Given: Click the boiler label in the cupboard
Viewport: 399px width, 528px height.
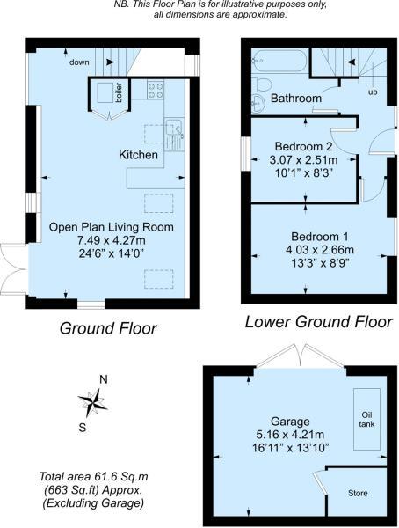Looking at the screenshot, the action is (119, 92).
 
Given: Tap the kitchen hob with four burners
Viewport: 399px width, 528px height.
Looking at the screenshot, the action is (156, 90).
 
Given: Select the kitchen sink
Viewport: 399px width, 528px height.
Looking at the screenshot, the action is (174, 134).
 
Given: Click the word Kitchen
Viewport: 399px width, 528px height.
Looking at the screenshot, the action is (138, 155).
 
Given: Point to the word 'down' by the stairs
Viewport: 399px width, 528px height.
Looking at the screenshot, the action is (79, 62).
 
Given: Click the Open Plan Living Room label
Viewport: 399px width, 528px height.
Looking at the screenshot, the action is (112, 227).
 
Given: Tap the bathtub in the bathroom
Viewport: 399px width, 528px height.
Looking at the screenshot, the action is (279, 61).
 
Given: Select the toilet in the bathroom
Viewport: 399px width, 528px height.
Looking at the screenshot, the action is (260, 84).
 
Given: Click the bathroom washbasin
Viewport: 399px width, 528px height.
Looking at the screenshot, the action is (258, 103).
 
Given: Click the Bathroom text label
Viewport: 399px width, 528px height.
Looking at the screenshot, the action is (296, 99).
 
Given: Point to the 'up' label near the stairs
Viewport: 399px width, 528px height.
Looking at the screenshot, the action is (373, 92).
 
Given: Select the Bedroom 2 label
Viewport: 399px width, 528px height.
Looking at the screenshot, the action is (303, 146).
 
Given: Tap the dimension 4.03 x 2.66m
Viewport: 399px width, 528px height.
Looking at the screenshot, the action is (319, 250).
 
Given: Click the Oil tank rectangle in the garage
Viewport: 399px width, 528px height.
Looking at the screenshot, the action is (366, 419).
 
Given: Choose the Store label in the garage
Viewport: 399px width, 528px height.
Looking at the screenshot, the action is (358, 494).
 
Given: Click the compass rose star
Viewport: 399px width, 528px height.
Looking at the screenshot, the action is (92, 402).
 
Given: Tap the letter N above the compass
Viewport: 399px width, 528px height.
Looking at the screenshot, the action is (104, 379).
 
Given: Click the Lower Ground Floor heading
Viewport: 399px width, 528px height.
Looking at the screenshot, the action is (318, 322).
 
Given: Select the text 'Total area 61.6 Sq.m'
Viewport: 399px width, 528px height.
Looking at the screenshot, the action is (93, 477).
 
